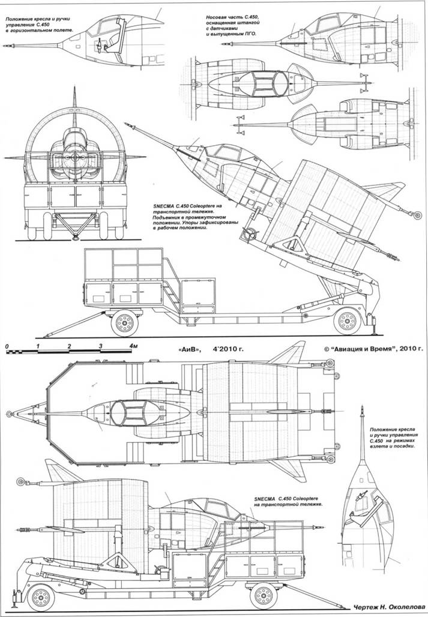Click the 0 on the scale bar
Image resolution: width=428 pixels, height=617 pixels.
click(5, 347)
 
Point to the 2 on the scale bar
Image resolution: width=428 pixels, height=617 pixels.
click(70, 347)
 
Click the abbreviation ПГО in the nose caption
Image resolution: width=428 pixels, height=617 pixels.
click(249, 35)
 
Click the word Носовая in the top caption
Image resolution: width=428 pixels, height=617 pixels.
click(217, 19)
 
